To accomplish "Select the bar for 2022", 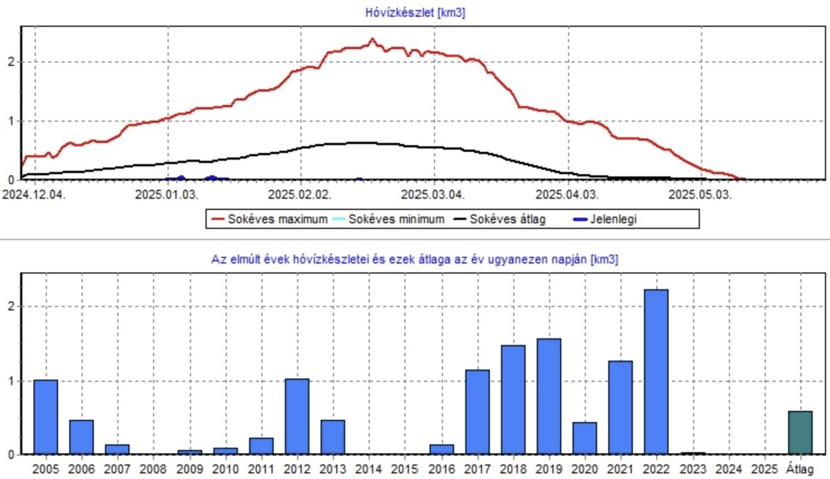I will (x=656, y=371).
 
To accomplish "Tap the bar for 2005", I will (x=46, y=416).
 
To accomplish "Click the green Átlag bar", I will (x=800, y=432).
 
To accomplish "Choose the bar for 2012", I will (x=297, y=416).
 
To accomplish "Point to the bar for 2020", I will (x=585, y=438).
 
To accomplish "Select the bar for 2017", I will (x=478, y=412).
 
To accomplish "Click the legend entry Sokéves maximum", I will (x=267, y=219).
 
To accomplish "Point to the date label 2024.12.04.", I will (x=34, y=194).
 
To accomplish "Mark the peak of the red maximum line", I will (x=372, y=39).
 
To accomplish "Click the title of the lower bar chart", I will (x=414, y=260).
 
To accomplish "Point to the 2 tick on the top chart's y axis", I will (x=11, y=62).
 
